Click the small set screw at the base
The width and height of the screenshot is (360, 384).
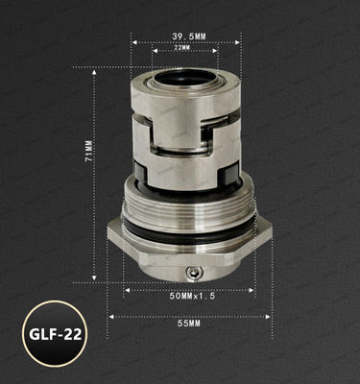click(197, 274)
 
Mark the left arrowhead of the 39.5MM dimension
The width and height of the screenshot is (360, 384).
click(133, 42)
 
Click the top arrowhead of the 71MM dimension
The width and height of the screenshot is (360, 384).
click(94, 70)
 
